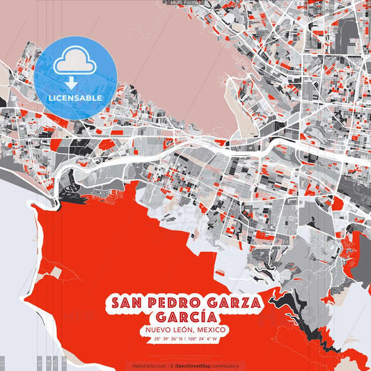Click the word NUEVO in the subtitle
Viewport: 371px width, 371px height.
click(159, 330)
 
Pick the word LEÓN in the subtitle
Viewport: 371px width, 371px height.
click(184, 330)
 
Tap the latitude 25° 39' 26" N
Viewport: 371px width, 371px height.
click(168, 339)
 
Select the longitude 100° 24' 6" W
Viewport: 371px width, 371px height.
click(202, 339)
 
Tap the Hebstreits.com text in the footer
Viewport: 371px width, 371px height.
click(149, 365)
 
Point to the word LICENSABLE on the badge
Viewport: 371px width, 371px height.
click(75, 98)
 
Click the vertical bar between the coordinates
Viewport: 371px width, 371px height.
click(184, 339)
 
